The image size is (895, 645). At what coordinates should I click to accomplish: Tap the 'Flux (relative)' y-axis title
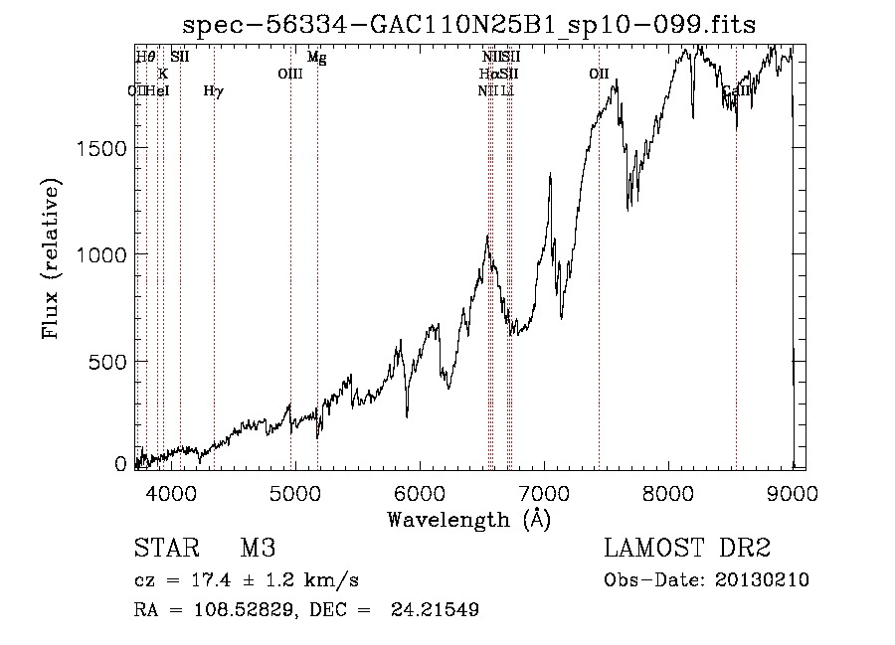point(50,258)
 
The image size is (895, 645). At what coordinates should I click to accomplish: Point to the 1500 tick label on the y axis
point(100,148)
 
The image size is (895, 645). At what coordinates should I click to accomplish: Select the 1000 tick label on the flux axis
point(100,254)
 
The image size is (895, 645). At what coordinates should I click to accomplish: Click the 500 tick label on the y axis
point(108,362)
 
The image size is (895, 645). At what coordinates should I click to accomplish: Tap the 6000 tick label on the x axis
point(419,491)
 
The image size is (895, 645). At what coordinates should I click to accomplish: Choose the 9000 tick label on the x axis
point(792,491)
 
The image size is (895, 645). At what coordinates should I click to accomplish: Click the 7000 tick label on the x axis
point(543,491)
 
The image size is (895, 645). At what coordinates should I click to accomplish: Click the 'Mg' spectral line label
point(316,58)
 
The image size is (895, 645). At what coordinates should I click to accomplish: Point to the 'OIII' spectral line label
point(289,74)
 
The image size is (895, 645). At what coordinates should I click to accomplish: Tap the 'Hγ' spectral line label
point(213,91)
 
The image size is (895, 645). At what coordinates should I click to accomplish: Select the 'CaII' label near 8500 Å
point(737,91)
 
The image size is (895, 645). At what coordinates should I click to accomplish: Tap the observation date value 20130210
point(762,580)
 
